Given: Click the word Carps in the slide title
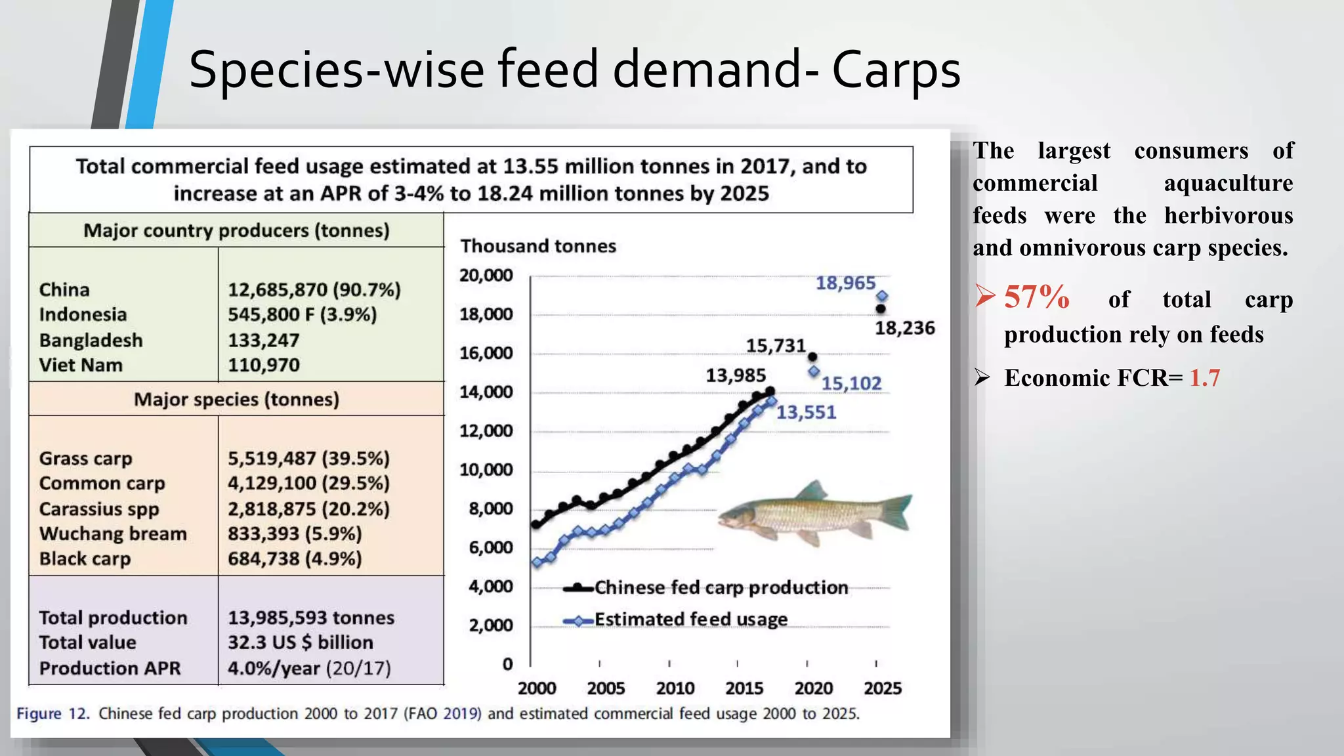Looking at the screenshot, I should tap(896, 71).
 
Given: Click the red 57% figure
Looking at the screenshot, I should tap(1037, 297).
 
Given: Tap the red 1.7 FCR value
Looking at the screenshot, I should tap(1204, 378).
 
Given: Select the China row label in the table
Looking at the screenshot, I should tap(64, 290).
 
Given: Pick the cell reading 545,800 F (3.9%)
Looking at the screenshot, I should tap(302, 315).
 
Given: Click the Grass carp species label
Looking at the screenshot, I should tap(85, 459).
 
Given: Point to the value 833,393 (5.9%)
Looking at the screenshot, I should tap(295, 534).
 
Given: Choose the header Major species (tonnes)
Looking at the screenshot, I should tap(236, 400).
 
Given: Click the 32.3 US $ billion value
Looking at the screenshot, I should tap(300, 642).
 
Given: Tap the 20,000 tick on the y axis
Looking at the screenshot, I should tap(486, 276).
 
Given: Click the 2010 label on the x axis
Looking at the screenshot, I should tap(675, 688).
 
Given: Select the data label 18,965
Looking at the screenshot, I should tap(845, 283).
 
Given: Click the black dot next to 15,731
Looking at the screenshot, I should tap(812, 357).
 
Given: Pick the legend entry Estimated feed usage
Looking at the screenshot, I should tap(690, 619).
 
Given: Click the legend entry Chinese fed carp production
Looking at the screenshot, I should tap(721, 587).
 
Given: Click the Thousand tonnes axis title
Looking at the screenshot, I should tap(538, 246).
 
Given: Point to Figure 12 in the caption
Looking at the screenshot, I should tap(52, 714).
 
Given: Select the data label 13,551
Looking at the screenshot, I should tap(806, 413).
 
